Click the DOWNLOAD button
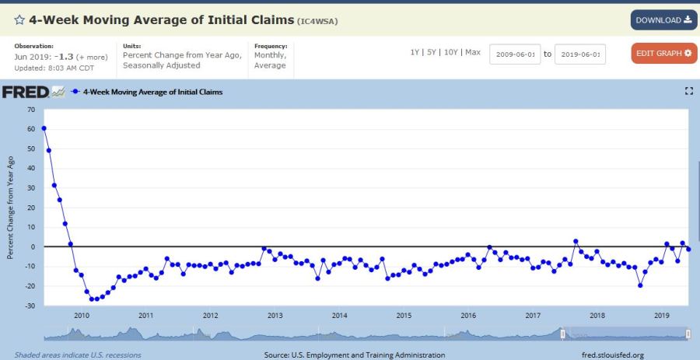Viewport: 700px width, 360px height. click(x=663, y=20)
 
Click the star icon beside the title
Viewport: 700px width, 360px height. click(x=19, y=20)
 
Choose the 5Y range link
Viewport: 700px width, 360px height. click(x=432, y=52)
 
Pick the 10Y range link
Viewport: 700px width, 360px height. click(x=450, y=52)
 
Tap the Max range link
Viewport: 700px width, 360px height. click(x=473, y=52)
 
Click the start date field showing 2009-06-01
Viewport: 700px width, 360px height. click(x=514, y=54)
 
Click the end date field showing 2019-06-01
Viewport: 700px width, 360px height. click(x=579, y=54)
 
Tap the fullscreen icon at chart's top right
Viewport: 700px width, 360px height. click(x=688, y=92)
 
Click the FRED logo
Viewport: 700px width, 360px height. click(x=26, y=92)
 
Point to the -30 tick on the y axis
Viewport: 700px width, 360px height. click(x=30, y=306)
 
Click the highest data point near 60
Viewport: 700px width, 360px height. click(x=44, y=128)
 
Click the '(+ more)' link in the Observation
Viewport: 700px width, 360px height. click(x=92, y=57)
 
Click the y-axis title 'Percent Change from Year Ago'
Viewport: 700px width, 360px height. click(x=11, y=207)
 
